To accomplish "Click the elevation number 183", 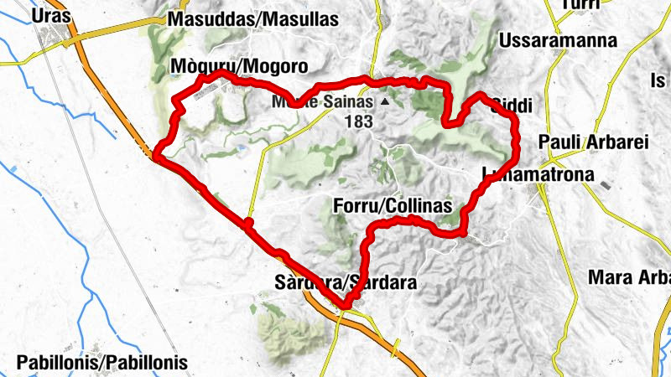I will (x=358, y=121).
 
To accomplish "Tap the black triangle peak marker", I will (x=385, y=102).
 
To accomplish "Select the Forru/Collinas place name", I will (x=393, y=205).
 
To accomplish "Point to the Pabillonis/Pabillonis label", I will (x=101, y=363).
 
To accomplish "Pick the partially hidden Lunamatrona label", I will (x=541, y=175).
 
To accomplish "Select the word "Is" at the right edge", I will (x=658, y=81).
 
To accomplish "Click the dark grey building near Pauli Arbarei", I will (x=607, y=182).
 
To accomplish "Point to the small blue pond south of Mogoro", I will (x=242, y=148).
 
